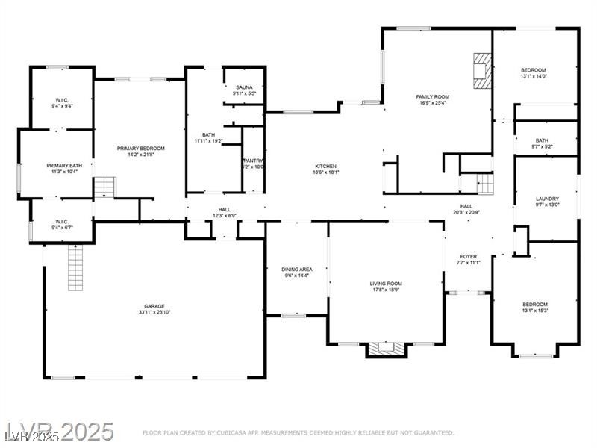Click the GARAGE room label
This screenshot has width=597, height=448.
pyautogui.click(x=154, y=306)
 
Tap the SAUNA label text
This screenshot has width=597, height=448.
pyautogui.click(x=244, y=87)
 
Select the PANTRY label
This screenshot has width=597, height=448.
pyautogui.click(x=253, y=161)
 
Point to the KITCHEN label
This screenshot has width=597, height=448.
pyautogui.click(x=325, y=166)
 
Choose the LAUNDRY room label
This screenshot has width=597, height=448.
pyautogui.click(x=547, y=199)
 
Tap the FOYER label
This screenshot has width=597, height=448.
pyautogui.click(x=468, y=256)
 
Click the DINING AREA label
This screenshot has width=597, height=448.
pyautogui.click(x=296, y=270)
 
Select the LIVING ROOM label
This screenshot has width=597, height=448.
pyautogui.click(x=386, y=284)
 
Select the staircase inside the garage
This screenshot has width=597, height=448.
pyautogui.click(x=75, y=267)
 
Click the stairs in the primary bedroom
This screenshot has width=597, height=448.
pyautogui.click(x=106, y=187)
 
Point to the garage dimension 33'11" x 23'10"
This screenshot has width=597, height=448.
pyautogui.click(x=154, y=313)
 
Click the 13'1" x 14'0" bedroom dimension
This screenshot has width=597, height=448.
pyautogui.click(x=534, y=76)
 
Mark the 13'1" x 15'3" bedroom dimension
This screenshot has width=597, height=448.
pyautogui.click(x=535, y=311)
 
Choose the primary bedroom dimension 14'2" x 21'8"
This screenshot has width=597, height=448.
pyautogui.click(x=140, y=155)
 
